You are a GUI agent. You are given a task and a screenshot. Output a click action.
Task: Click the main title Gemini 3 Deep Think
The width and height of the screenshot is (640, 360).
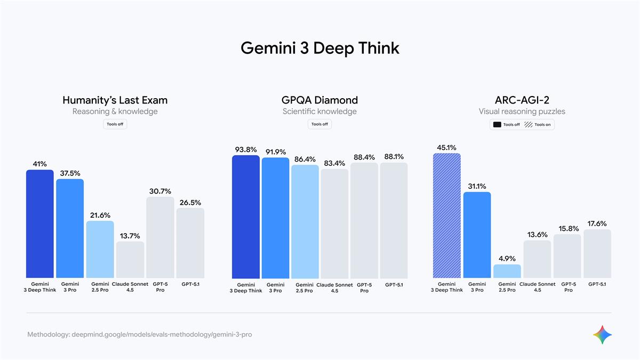pyautogui.click(x=319, y=48)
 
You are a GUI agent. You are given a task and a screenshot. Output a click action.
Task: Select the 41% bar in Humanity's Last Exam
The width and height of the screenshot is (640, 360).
pyautogui.click(x=40, y=224)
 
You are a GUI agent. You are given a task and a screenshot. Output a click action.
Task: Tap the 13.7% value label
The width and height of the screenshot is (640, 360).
pyautogui.click(x=130, y=236)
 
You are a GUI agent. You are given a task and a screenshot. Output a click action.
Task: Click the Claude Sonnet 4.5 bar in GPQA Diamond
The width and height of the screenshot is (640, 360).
pyautogui.click(x=334, y=224)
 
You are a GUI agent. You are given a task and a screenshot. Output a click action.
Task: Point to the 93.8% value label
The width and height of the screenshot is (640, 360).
pyautogui.click(x=246, y=150)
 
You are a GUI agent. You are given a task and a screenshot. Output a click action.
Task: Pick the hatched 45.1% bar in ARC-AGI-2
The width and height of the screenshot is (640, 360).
pyautogui.click(x=447, y=215)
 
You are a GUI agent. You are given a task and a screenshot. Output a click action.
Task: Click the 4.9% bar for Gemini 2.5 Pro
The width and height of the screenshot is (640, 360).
pyautogui.click(x=507, y=271)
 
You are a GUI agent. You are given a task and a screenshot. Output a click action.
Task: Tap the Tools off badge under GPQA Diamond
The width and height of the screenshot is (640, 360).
pyautogui.click(x=319, y=124)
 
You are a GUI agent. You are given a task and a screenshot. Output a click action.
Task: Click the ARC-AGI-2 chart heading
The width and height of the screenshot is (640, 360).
pyautogui.click(x=522, y=100)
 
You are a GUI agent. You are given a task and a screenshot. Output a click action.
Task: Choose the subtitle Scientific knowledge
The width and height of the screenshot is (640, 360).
pyautogui.click(x=319, y=111)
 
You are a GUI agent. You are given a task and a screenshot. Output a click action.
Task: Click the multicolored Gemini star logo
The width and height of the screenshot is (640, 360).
pyautogui.click(x=602, y=334)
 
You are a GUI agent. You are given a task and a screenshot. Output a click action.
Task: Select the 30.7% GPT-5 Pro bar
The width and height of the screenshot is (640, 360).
pyautogui.click(x=160, y=237)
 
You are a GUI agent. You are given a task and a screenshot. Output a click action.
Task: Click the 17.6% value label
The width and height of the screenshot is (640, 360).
pyautogui.click(x=597, y=223)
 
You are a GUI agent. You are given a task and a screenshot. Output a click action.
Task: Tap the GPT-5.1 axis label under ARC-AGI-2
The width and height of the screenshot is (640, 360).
pyautogui.click(x=597, y=284)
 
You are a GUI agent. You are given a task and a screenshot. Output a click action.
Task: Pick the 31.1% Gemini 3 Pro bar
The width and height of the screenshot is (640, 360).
pyautogui.click(x=477, y=235)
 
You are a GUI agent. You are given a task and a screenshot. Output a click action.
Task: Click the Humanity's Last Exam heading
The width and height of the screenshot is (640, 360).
pyautogui.click(x=115, y=100)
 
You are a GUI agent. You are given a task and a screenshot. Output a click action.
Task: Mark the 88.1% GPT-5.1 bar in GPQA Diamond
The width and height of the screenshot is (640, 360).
pyautogui.click(x=394, y=220)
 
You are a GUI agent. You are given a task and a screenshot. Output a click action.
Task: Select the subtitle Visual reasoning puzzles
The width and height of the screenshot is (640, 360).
pyautogui.click(x=522, y=111)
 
